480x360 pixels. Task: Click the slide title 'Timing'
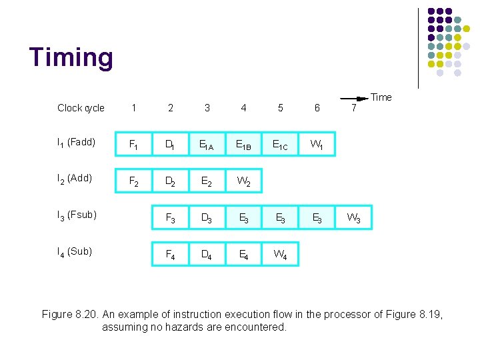71,58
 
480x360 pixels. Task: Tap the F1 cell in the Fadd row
134,143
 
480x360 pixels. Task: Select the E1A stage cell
207,143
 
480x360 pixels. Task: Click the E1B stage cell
243,143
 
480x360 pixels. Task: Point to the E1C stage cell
280,143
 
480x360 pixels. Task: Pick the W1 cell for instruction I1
317,143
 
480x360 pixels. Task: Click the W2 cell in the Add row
243,180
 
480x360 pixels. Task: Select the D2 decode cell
171,180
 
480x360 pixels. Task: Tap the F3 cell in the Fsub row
171,217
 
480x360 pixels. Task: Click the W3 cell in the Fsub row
353,217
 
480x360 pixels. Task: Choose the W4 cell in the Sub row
280,254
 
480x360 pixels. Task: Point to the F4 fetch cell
171,254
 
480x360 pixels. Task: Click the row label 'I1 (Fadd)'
77,143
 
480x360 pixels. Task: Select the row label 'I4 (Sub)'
75,252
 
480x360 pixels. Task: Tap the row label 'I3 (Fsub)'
77,215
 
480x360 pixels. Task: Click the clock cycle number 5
280,108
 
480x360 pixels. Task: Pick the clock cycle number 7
353,108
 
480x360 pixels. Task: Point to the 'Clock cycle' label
81,108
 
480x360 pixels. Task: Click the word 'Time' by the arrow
381,97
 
